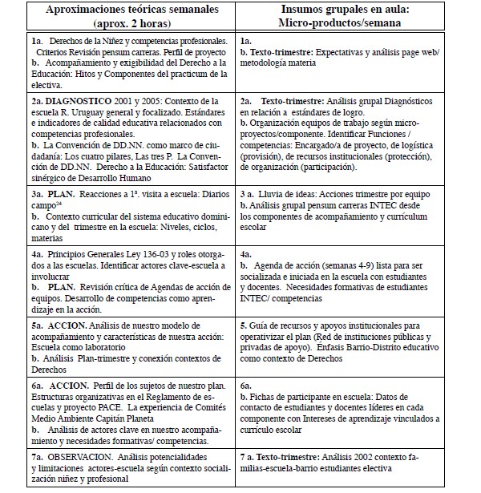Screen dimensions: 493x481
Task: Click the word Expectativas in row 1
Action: click(339, 52)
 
